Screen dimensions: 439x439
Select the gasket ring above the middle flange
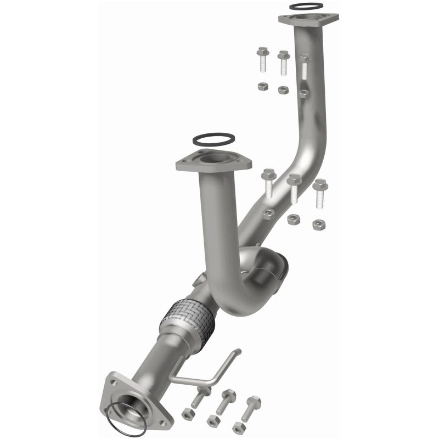click(x=215, y=139)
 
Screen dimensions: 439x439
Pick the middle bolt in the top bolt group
click(x=283, y=63)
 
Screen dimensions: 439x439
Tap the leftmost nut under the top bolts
click(x=263, y=86)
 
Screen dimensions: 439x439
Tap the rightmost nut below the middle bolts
click(x=318, y=224)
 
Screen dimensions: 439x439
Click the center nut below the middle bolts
click(x=293, y=219)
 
